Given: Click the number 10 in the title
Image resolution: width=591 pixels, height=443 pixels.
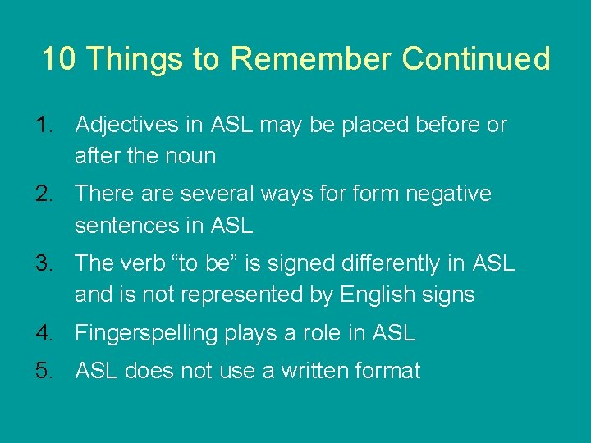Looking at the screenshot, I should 59,59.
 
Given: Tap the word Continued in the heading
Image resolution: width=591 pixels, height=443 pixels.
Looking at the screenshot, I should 476,59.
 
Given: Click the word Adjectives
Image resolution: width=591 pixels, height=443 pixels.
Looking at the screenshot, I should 126,126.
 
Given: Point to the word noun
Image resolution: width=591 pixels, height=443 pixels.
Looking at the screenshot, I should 191,156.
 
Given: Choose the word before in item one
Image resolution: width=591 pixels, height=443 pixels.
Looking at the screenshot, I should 447,126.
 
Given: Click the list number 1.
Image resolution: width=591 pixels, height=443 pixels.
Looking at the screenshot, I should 44,126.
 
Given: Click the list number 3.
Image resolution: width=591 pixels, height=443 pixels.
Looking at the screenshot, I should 44,264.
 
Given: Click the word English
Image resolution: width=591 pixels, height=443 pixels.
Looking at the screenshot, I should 373,295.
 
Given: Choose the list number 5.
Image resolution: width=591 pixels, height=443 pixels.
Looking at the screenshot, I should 44,371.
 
